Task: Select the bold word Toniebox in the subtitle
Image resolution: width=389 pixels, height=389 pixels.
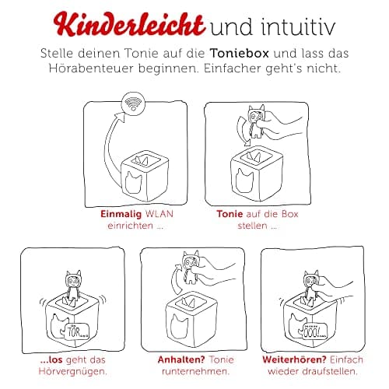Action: (x=257, y=54)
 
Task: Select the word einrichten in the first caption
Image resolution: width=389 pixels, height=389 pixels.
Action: (x=138, y=225)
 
